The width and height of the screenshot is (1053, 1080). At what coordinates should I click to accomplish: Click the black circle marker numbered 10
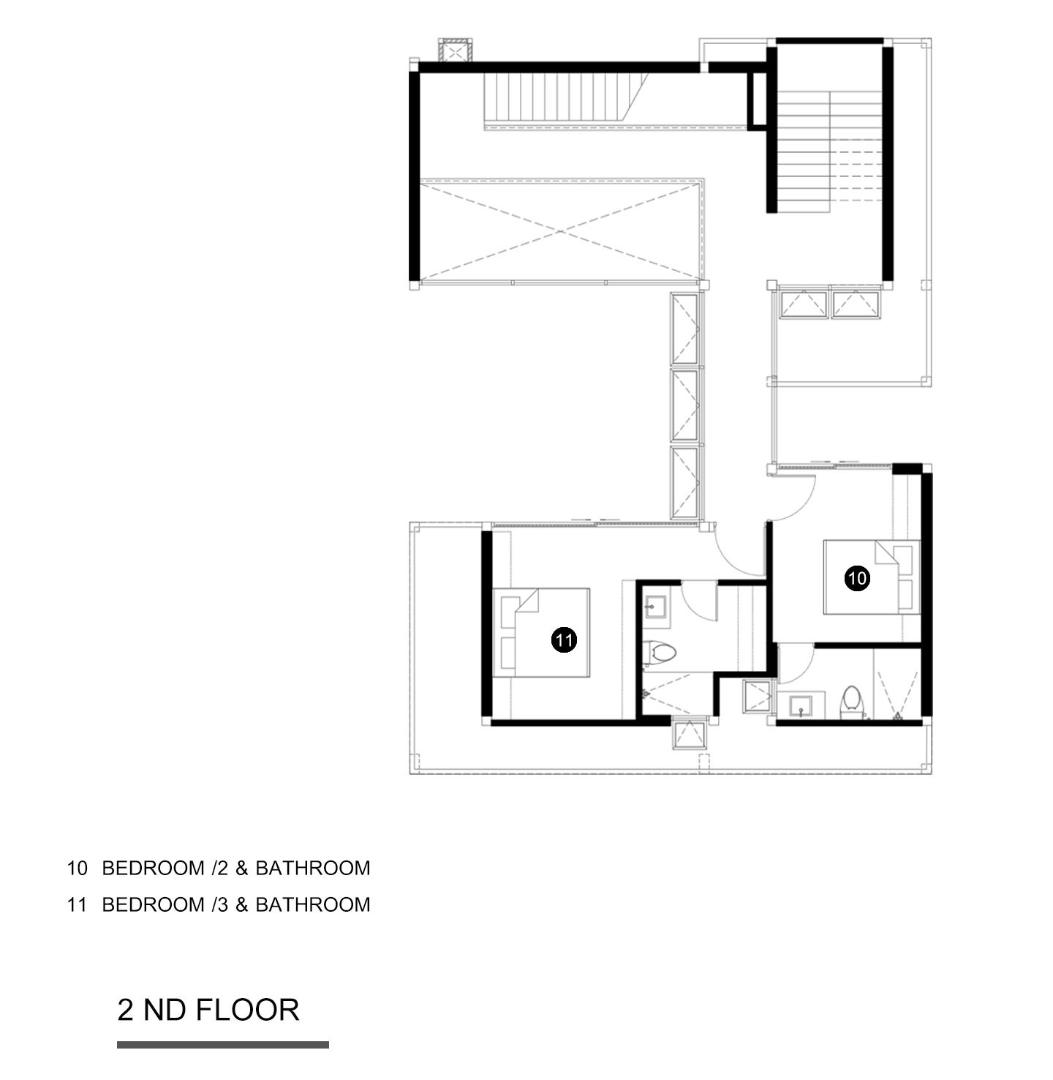pos(857,579)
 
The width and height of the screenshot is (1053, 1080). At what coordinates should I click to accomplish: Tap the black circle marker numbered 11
pos(564,640)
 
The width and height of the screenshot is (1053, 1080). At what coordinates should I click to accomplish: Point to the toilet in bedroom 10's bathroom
pos(850,702)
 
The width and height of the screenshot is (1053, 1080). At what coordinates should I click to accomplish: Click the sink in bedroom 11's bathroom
pos(657,606)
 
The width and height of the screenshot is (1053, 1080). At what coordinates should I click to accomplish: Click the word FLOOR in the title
pos(247,1010)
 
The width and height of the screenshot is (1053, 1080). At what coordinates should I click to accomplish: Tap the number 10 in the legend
pos(78,869)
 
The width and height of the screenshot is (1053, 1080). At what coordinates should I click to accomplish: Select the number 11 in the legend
pos(78,905)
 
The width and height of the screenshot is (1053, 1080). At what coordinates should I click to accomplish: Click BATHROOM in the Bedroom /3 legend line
pos(313,905)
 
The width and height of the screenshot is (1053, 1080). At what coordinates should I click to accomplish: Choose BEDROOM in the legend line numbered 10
pos(153,869)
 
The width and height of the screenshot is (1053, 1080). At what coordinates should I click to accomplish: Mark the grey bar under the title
pos(223,1044)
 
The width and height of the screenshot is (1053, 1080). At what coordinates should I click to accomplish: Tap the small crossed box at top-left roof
pos(455,51)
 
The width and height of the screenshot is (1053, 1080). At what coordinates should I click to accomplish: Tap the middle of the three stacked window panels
pos(684,405)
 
